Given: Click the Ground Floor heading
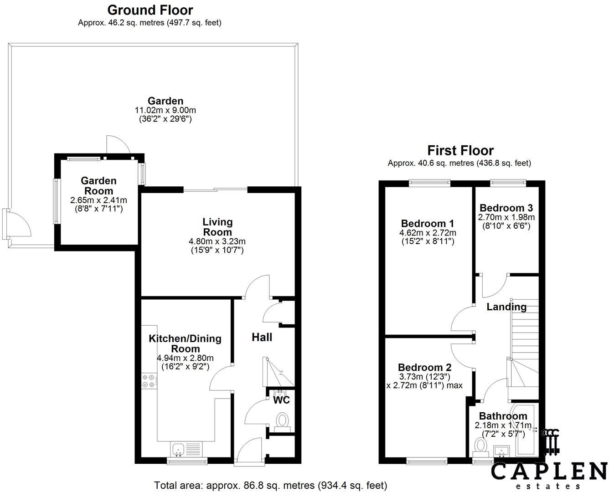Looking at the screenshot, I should pyautogui.click(x=150, y=10).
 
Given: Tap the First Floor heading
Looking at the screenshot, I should pyautogui.click(x=460, y=150).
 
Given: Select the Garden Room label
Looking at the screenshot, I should pyautogui.click(x=98, y=186).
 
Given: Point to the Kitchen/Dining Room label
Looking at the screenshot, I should pyautogui.click(x=185, y=343).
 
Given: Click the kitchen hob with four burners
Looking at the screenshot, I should pyautogui.click(x=148, y=380).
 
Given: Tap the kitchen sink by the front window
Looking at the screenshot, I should pyautogui.click(x=178, y=449).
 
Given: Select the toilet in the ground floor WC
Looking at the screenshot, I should pyautogui.click(x=283, y=420).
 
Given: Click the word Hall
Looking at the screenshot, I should pyautogui.click(x=262, y=337).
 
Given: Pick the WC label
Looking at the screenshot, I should pyautogui.click(x=281, y=400).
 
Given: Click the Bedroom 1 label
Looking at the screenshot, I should pyautogui.click(x=427, y=223).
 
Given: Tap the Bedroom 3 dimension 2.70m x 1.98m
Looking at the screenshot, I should pyautogui.click(x=506, y=217).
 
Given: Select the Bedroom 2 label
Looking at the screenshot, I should pyautogui.click(x=424, y=367).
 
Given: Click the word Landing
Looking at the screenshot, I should pyautogui.click(x=506, y=307).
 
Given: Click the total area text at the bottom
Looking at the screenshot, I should pyautogui.click(x=270, y=485).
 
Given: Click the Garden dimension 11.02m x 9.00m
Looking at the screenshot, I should pyautogui.click(x=165, y=110).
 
